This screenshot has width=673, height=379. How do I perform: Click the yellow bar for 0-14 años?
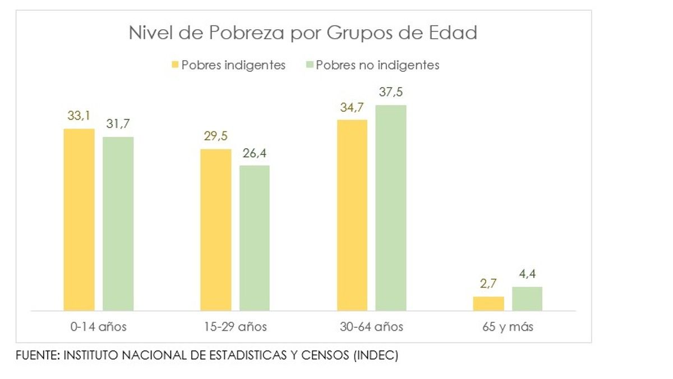(79, 219)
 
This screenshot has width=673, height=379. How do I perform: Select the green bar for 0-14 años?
(118, 223)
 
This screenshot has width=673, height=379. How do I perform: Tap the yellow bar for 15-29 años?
(215, 229)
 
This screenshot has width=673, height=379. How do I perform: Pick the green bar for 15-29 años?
(254, 238)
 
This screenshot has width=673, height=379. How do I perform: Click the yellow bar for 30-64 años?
(352, 214)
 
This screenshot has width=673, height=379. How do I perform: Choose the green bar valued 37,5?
(390, 207)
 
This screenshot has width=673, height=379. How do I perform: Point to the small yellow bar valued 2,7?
(488, 303)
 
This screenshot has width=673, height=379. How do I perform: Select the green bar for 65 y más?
(527, 299)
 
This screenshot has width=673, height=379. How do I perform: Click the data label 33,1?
(79, 117)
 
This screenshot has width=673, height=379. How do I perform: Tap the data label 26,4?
(254, 153)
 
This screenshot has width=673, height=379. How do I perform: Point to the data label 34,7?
(352, 108)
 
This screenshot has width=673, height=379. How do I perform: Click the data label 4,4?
(527, 275)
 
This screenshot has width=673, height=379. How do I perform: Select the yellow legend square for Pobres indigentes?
(176, 65)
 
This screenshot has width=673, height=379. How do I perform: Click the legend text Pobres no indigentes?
(377, 65)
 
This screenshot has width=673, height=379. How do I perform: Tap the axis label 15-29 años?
(234, 327)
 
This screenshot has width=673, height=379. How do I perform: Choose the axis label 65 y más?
(508, 327)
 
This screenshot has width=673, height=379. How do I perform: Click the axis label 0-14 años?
(98, 327)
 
